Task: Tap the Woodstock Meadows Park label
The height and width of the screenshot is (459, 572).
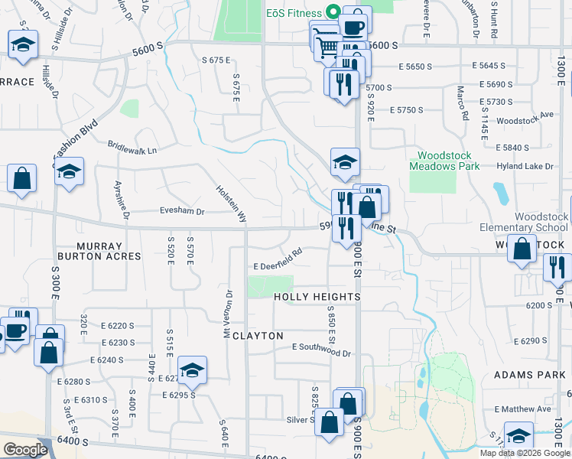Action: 443,159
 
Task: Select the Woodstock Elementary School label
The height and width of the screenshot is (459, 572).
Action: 524,222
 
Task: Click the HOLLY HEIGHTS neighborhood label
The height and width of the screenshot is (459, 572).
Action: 317,297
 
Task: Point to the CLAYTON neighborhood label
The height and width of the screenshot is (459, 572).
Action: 258,336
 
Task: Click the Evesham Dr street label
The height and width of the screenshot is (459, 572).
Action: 183,212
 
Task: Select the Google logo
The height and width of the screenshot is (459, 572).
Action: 25,450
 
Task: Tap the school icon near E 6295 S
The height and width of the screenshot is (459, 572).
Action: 193,369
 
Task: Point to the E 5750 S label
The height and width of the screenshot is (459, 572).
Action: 405,110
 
